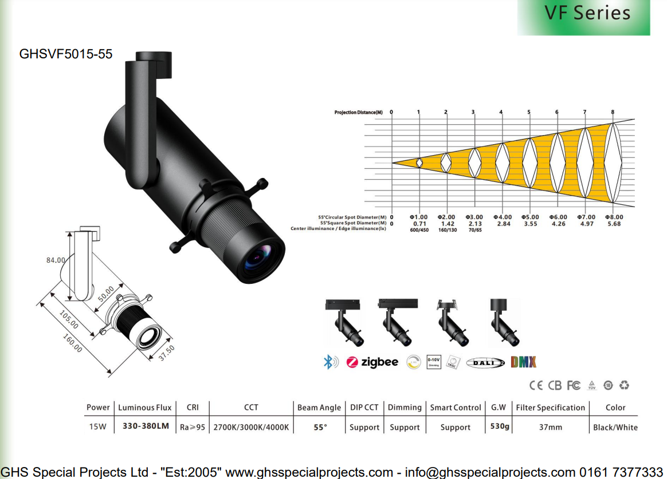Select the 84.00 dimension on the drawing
coord(56,260)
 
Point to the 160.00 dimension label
coord(72,342)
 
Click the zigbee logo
coord(372,362)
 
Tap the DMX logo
coord(523,362)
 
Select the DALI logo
coord(485,362)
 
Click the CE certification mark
coord(536,385)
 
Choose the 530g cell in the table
coord(499,427)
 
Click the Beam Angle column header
coord(319,407)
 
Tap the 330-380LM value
coord(146,427)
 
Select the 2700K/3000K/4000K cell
coord(251,427)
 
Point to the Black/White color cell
coord(615,427)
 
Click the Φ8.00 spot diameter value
coord(614,217)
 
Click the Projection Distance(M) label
coord(358,113)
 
